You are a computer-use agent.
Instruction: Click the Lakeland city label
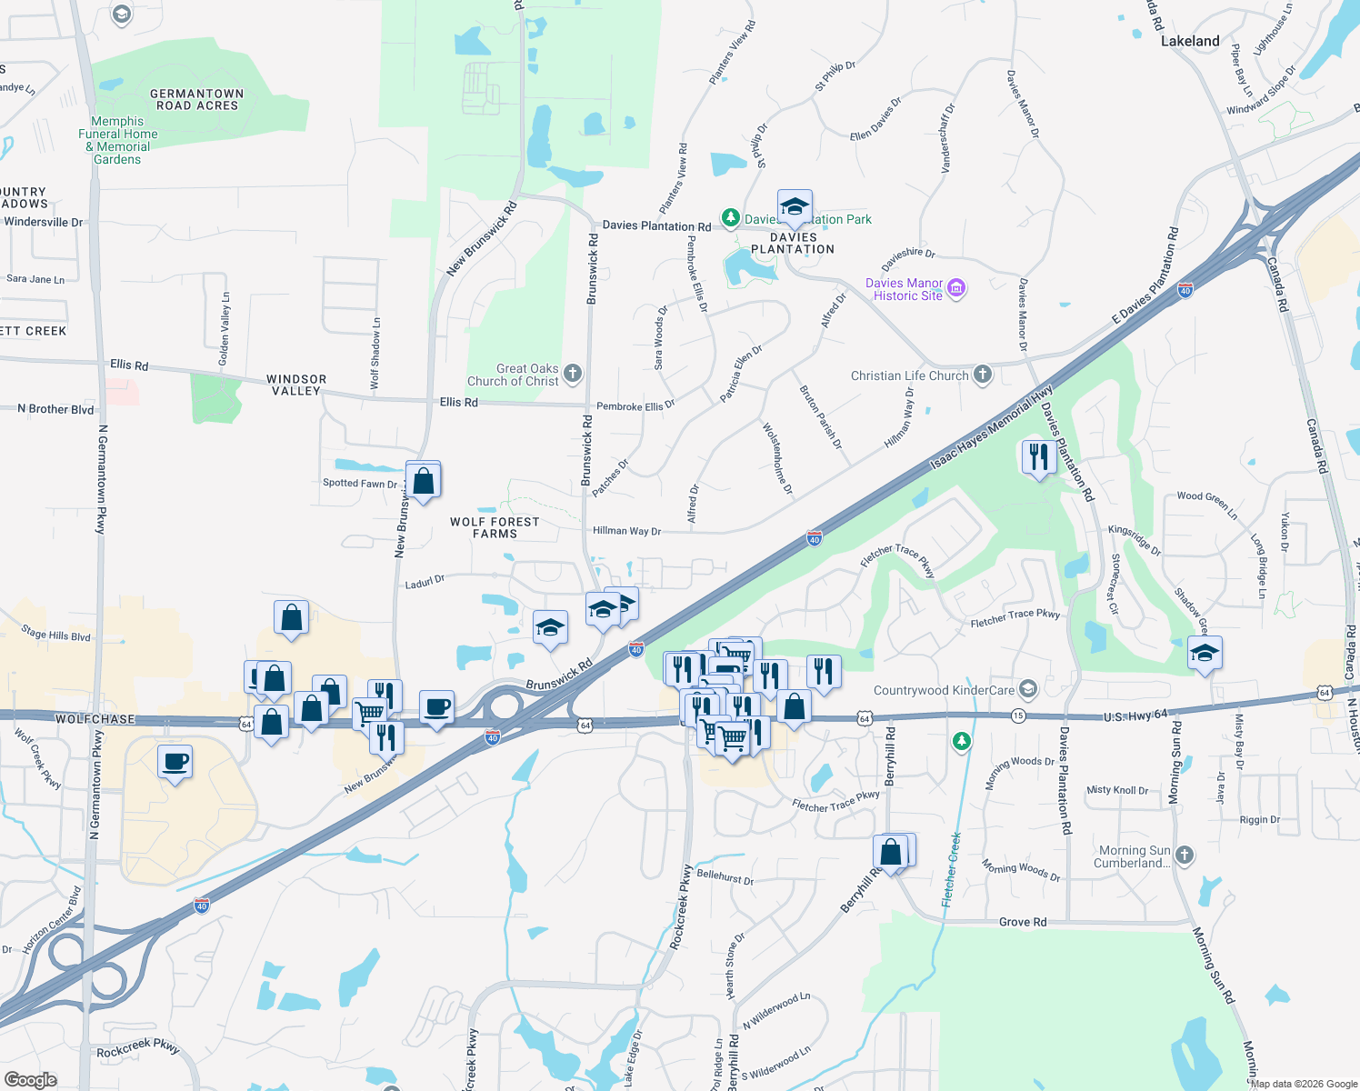tap(1190, 41)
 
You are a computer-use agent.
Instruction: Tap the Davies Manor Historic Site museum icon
tap(955, 289)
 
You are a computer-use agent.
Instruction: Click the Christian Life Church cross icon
tap(983, 375)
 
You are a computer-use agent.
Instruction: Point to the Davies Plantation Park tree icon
tap(730, 218)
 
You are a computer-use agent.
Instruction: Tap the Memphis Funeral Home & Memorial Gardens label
tap(118, 140)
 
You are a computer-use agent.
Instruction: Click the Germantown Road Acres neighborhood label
tap(197, 99)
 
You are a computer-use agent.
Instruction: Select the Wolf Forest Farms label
tap(495, 527)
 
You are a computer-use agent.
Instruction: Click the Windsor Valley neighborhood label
tap(296, 385)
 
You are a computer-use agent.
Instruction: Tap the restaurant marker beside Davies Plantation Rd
tap(1038, 455)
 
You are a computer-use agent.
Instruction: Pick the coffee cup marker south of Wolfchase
tap(175, 761)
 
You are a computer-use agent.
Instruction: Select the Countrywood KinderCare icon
tap(1027, 689)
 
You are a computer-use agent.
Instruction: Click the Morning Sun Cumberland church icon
tap(1184, 855)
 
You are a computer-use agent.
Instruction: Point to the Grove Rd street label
tap(1023, 922)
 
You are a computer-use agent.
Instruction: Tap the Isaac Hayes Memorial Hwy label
tap(991, 429)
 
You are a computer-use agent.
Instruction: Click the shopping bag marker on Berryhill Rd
tap(892, 852)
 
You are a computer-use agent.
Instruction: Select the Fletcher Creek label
tap(952, 869)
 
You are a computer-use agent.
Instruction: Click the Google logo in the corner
tap(31, 1079)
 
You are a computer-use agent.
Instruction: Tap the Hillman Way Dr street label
tap(626, 531)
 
